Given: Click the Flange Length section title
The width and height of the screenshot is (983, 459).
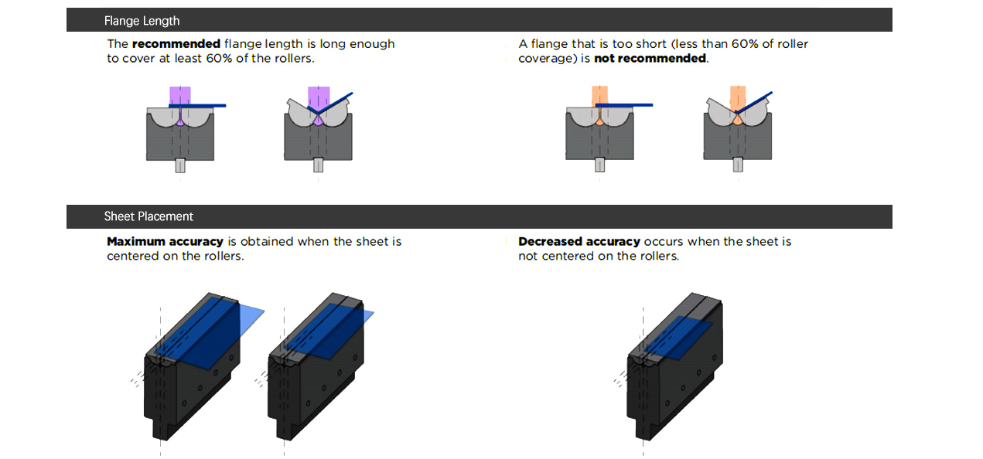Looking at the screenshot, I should coord(142,21).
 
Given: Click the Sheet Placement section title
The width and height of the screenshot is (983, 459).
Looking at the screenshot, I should coord(148,216).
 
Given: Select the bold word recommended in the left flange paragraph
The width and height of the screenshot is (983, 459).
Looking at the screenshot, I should coord(176,44).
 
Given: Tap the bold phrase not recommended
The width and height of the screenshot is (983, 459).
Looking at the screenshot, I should coord(650,59).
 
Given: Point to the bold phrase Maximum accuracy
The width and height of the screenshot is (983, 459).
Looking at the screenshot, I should coord(165,242).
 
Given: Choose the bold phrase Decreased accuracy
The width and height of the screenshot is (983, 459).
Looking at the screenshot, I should coord(579,242).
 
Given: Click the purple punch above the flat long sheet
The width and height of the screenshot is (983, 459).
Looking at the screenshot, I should coord(180,95).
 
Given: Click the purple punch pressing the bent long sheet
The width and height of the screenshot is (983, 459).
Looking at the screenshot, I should coord(318,95).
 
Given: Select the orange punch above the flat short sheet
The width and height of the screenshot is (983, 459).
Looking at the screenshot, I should coord(600,95).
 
